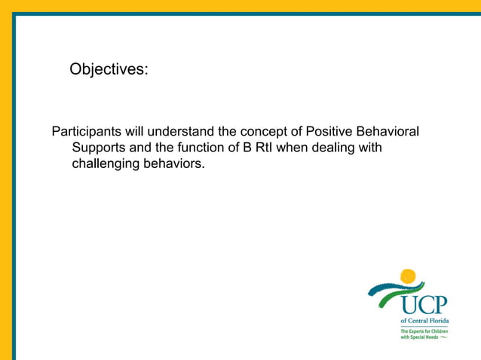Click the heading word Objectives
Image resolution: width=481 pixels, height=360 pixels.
[x=109, y=69]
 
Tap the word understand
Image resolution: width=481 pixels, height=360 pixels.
[x=179, y=132]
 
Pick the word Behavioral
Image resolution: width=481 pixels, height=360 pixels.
[x=391, y=132]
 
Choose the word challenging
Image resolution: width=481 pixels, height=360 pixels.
[x=106, y=163]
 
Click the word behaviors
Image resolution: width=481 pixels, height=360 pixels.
[x=175, y=163]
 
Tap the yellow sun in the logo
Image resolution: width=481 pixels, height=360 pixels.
[x=408, y=276]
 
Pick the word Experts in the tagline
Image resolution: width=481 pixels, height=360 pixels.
[x=418, y=331]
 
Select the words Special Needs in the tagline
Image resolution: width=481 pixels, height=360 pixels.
[x=424, y=337]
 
